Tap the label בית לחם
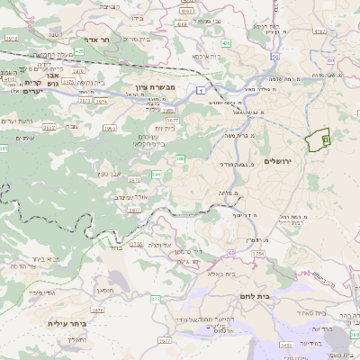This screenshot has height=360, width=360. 256,294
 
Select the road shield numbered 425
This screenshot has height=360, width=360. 79,51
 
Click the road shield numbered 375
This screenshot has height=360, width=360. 155,299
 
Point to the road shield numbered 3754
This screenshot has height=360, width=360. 257,255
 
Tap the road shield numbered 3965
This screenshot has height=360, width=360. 108,129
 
